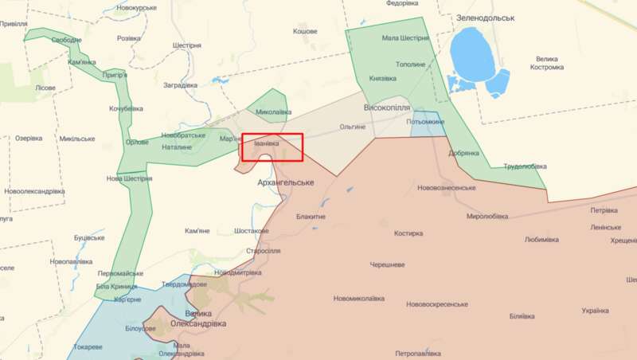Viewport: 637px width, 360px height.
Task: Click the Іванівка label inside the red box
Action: tap(267, 143)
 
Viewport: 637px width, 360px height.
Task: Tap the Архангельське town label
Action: tap(286, 182)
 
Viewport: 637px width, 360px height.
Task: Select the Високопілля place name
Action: tap(386, 107)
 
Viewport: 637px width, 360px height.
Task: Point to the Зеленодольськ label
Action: tap(486, 17)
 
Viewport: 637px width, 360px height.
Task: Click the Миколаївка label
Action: tap(274, 112)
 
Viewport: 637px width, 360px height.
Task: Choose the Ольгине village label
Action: tap(353, 127)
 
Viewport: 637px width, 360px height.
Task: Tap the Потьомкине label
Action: tap(425, 121)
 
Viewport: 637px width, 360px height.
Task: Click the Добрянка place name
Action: tap(463, 153)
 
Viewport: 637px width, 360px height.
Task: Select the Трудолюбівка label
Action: tap(525, 166)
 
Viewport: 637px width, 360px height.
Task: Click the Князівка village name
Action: tap(382, 78)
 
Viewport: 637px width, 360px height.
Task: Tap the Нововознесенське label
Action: tap(446, 188)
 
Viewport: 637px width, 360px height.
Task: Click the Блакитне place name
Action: tap(311, 216)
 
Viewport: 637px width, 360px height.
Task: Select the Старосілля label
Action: tap(264, 251)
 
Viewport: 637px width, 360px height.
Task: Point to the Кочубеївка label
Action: tap(126, 108)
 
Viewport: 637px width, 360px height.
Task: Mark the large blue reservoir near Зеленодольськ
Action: tap(473, 52)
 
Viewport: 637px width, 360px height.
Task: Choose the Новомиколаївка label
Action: tap(358, 299)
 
